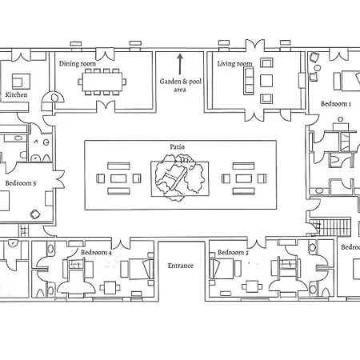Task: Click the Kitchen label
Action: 16,94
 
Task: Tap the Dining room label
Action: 78,64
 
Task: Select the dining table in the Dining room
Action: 102,82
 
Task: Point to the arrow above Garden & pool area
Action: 180,64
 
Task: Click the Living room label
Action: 234,64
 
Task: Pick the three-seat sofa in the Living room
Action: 248,81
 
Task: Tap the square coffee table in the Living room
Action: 266,81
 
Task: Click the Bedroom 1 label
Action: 336,104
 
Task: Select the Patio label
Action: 177,146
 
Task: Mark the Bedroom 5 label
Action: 21,183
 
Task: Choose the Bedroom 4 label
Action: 96,252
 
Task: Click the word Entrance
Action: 181,266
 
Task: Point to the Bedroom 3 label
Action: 233,252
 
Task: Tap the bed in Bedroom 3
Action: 222,269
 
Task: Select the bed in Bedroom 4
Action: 142,269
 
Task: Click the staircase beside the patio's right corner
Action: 330,227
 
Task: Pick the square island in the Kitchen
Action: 21,82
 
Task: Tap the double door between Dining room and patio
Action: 106,106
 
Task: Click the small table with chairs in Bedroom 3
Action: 252,286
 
